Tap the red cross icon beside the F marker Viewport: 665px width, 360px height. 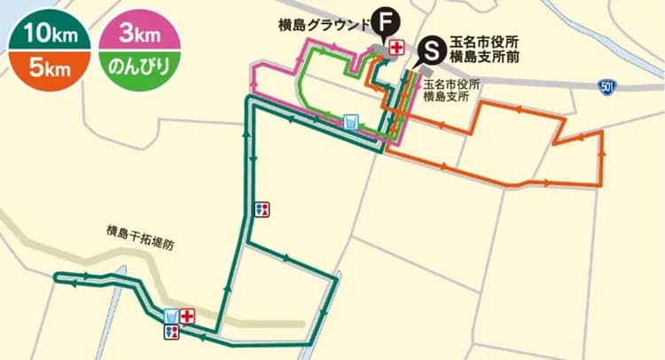click(x=395, y=46)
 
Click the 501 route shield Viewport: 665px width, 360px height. click(x=606, y=86)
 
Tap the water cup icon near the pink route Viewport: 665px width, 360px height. click(x=350, y=121)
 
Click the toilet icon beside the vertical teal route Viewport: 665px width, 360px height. click(x=262, y=209)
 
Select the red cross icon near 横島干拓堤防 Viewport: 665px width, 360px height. click(x=187, y=316)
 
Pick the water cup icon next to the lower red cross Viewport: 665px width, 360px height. click(x=171, y=316)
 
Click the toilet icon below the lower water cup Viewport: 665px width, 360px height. click(x=172, y=333)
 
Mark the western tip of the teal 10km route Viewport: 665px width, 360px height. click(x=57, y=278)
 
